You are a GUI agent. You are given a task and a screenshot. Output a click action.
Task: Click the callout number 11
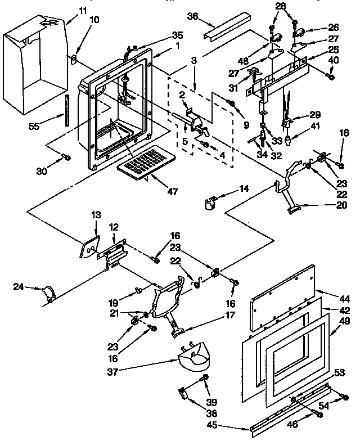(x=83, y=10)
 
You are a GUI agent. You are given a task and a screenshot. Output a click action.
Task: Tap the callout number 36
(x=192, y=17)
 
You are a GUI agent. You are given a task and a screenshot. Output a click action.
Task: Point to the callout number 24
(x=19, y=287)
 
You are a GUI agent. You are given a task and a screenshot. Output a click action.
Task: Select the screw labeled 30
(x=67, y=157)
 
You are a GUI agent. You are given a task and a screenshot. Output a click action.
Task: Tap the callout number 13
(x=96, y=214)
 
